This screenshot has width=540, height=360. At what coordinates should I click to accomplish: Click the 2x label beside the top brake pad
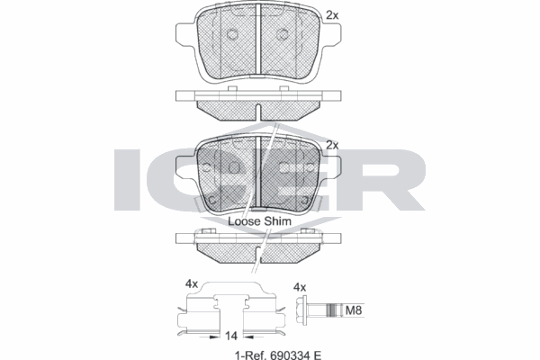click(332, 15)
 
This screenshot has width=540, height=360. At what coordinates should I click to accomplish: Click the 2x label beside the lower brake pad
click(332, 144)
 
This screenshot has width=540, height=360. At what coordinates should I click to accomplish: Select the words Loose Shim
click(256, 220)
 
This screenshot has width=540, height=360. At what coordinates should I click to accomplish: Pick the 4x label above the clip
click(191, 283)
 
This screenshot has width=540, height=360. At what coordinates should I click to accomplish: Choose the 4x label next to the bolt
click(301, 287)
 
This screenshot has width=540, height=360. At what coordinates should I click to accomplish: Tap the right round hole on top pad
click(283, 34)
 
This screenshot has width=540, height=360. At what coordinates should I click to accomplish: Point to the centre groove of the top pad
click(257, 40)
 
